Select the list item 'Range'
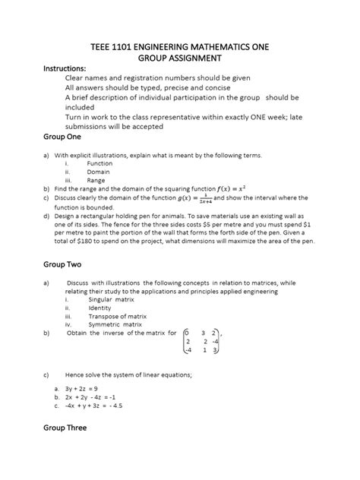(x=97, y=180)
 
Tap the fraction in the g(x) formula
(x=202, y=197)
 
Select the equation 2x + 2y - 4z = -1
(x=94, y=396)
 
